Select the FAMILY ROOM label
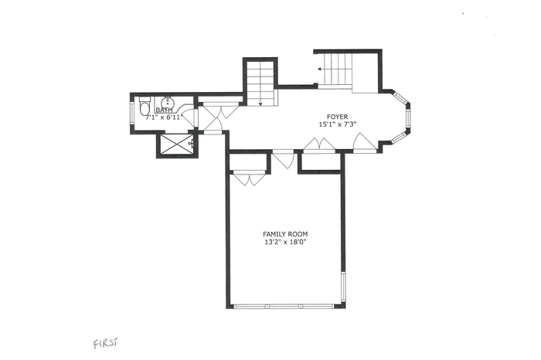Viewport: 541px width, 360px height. pyautogui.click(x=285, y=234)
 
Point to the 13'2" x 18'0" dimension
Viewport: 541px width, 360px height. pyautogui.click(x=285, y=242)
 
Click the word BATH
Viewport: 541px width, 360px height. pyautogui.click(x=164, y=110)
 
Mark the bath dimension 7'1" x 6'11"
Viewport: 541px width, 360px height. pyautogui.click(x=163, y=117)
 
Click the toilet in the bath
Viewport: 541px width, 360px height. pyautogui.click(x=145, y=106)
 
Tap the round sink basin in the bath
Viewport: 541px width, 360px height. pyautogui.click(x=167, y=102)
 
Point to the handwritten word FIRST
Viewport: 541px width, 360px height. pyautogui.click(x=105, y=343)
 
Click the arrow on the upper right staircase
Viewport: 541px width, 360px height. pyautogui.click(x=320, y=70)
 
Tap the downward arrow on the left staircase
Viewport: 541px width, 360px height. pyautogui.click(x=260, y=103)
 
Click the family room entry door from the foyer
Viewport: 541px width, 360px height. pyautogui.click(x=284, y=159)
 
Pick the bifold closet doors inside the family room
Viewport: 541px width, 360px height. pyautogui.click(x=250, y=178)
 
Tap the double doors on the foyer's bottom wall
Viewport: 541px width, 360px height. pyautogui.click(x=319, y=144)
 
